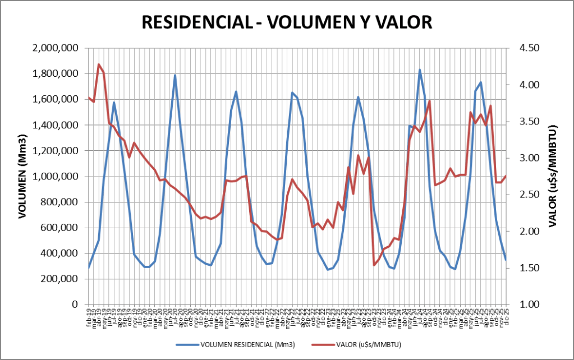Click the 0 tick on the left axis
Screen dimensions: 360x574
point(73,304)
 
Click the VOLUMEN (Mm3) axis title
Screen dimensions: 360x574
point(22,176)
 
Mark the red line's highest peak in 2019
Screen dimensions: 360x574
point(99,64)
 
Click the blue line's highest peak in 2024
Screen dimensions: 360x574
point(420,70)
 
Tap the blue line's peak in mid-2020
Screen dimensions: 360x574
point(175,75)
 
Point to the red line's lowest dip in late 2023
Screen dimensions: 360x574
point(374,265)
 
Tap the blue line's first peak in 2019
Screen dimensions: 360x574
point(114,103)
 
